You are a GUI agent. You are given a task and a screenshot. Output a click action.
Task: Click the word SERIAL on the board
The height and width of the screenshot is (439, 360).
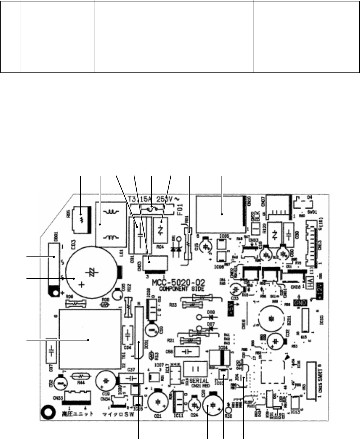click(198, 381)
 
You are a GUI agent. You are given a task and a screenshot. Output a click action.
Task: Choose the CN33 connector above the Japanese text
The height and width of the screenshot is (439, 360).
click(76, 395)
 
